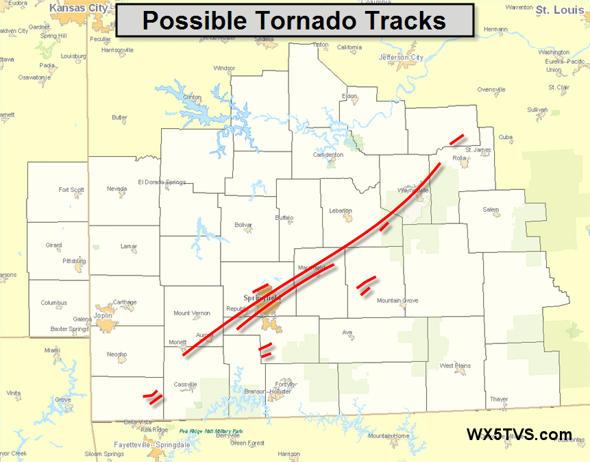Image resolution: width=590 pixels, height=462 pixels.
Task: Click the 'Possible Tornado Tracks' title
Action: point(294,21)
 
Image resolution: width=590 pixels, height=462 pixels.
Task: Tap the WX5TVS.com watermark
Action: point(519,435)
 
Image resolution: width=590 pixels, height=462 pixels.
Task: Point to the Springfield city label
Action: point(262,298)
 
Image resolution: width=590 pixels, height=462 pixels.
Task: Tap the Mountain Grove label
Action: point(397,301)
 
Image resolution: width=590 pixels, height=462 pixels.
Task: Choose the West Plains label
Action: point(455,366)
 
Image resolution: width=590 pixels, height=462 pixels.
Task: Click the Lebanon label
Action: point(341,210)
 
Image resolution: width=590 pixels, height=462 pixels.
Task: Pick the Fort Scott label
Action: point(71,190)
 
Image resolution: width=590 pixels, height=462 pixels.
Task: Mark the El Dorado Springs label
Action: point(162,182)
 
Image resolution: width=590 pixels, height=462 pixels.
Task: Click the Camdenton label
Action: point(328,155)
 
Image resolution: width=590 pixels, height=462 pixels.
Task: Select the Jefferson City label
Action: point(401,58)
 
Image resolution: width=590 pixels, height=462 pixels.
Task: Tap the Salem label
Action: point(491,210)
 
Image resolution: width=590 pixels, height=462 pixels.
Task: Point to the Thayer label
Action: point(499,400)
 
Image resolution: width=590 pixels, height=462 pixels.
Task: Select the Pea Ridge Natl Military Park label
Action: point(210,431)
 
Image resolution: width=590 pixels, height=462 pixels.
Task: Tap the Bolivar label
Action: point(244,225)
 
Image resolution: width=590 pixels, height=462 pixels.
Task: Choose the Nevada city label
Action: point(117,189)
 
